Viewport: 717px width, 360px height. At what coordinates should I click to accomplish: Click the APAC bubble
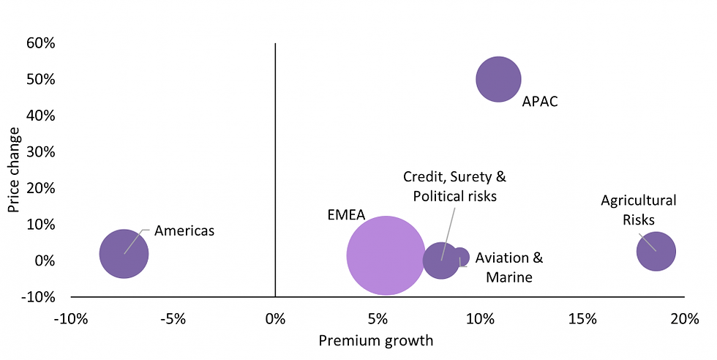tap(498, 79)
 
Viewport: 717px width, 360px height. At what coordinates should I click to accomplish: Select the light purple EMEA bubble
tap(386, 255)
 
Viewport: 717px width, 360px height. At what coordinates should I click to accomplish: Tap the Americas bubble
tap(124, 254)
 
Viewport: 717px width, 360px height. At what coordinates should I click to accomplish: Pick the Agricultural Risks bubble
tap(656, 251)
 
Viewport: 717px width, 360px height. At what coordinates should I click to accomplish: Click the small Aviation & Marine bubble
tap(460, 257)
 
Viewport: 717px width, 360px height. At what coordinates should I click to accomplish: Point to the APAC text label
tap(540, 102)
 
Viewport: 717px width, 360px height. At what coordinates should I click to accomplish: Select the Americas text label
tap(184, 230)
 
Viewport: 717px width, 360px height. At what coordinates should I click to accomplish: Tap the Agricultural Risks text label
tap(638, 210)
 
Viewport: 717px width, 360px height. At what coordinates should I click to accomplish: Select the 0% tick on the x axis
tap(275, 319)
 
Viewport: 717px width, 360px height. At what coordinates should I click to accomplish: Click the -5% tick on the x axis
tap(172, 319)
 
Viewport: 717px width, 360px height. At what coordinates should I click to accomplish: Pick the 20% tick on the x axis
tap(684, 319)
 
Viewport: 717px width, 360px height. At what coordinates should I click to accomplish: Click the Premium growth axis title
tap(375, 341)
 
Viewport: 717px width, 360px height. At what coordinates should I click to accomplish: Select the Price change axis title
tap(14, 170)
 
